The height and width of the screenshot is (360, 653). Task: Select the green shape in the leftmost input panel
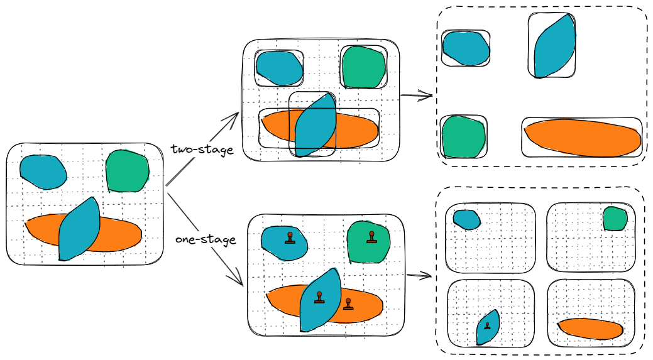(128, 170)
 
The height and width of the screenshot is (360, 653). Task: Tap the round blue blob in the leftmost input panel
(43, 171)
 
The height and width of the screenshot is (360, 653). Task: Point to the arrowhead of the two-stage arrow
(236, 116)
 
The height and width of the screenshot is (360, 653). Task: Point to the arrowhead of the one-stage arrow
(240, 283)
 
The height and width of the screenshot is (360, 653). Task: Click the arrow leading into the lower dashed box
(419, 275)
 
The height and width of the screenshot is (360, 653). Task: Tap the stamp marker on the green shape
(371, 237)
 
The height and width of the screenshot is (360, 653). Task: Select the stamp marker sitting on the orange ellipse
(348, 305)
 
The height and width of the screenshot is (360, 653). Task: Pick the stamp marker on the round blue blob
(290, 238)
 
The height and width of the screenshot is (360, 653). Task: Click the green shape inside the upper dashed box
(464, 136)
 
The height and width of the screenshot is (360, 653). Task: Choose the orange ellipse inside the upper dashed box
(581, 138)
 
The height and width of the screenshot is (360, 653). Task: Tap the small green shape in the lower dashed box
(615, 219)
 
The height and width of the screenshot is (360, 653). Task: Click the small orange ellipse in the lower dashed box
(590, 328)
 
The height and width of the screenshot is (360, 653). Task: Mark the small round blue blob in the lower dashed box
(466, 219)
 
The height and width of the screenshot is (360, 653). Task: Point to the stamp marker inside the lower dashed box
(487, 325)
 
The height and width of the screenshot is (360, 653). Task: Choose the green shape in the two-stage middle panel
(363, 67)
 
